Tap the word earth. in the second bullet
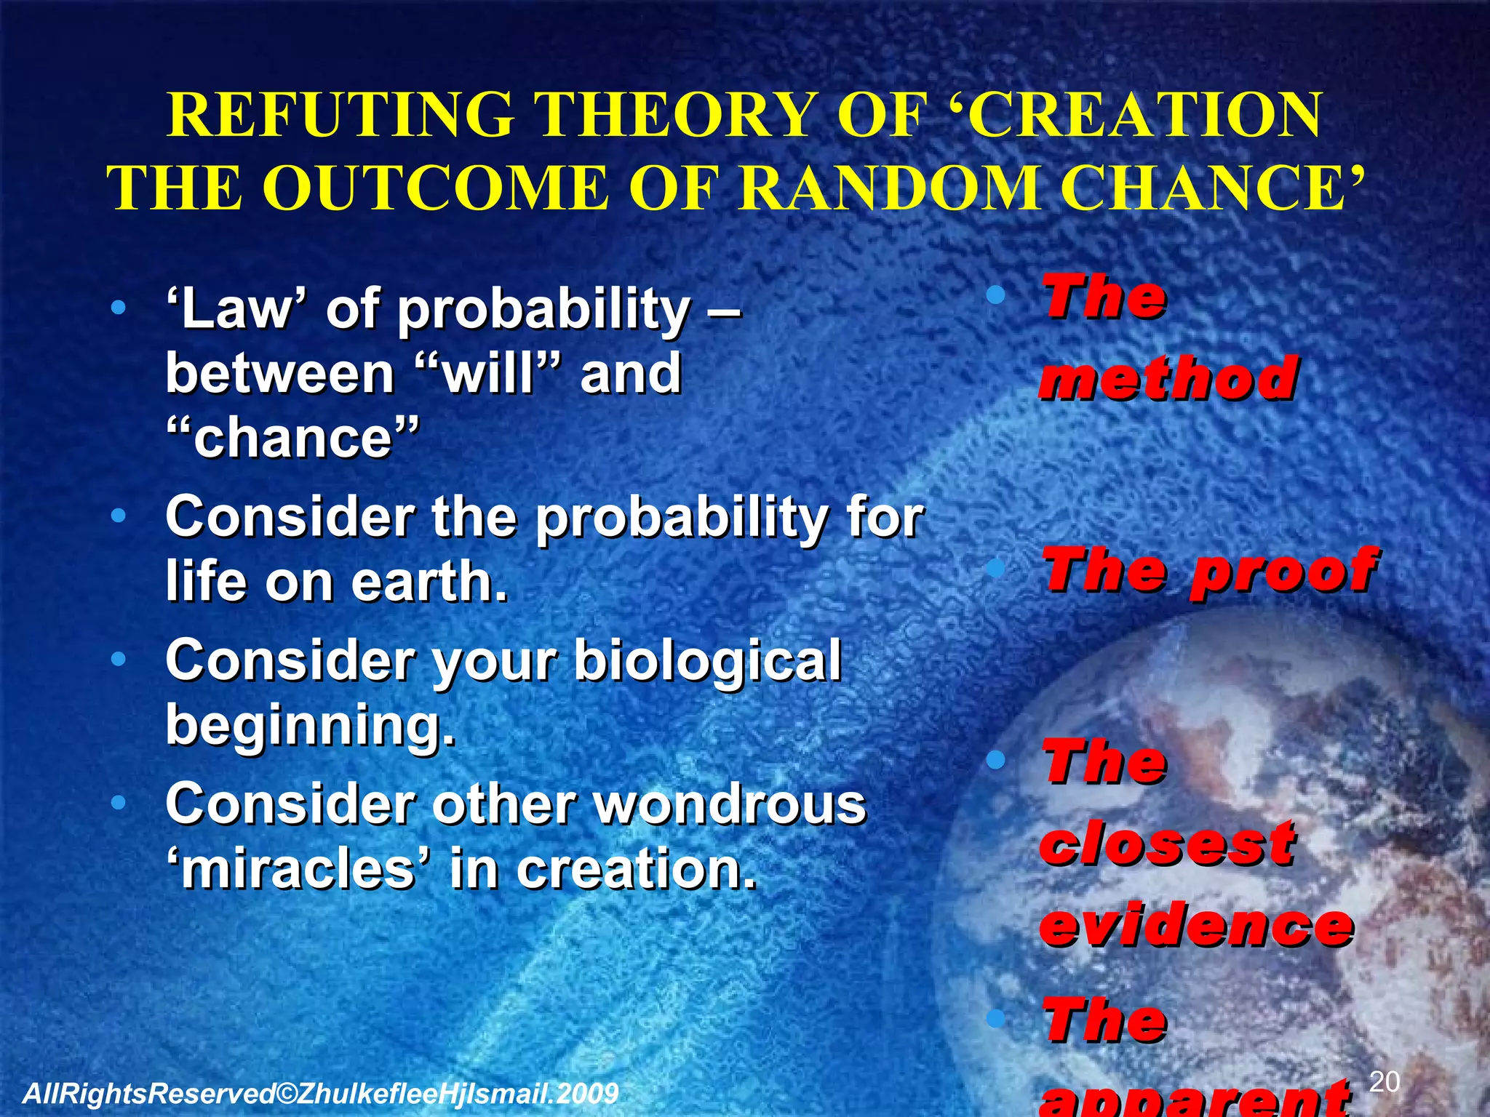tap(429, 581)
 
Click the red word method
tap(1168, 378)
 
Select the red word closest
tap(1167, 844)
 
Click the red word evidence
tap(1196, 924)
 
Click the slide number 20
tap(1384, 1082)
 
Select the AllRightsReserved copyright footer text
tap(320, 1093)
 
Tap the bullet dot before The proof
tap(996, 569)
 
